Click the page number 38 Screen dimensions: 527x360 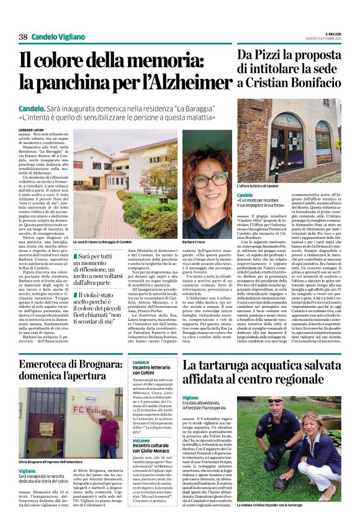coord(23,37)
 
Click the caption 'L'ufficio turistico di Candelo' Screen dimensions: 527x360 coord(258,186)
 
